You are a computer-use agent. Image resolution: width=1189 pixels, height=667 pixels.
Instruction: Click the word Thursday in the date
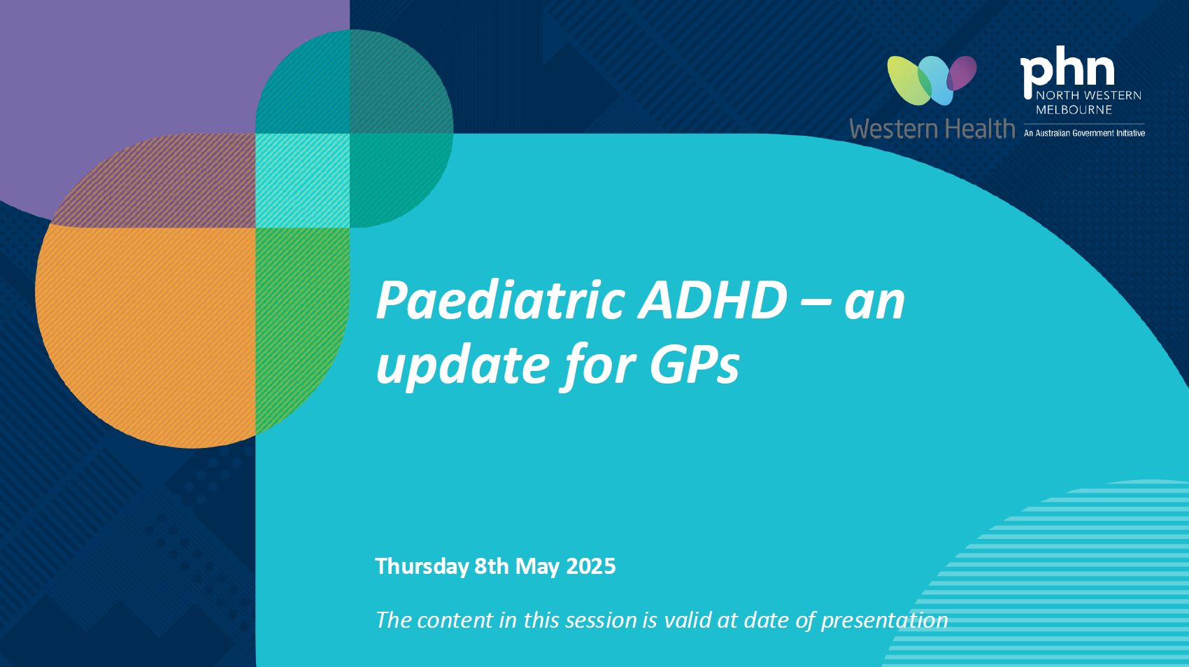pyautogui.click(x=422, y=566)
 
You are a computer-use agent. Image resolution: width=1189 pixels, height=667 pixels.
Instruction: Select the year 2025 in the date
pyautogui.click(x=590, y=566)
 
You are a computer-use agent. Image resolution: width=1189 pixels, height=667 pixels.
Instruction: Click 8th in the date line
pyautogui.click(x=492, y=566)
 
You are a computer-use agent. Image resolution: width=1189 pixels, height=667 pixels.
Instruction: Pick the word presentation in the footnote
pyautogui.click(x=884, y=620)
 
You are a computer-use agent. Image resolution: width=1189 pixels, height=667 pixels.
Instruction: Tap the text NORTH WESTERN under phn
pyautogui.click(x=1088, y=96)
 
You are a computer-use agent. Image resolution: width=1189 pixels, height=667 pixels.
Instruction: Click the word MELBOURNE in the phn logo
pyautogui.click(x=1074, y=110)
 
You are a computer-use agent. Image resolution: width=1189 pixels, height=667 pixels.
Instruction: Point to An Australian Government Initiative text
pyautogui.click(x=1084, y=133)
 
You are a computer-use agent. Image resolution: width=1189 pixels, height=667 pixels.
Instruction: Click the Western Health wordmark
pyautogui.click(x=932, y=129)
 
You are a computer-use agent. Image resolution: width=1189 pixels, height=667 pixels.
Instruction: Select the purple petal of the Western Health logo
pyautogui.click(x=963, y=72)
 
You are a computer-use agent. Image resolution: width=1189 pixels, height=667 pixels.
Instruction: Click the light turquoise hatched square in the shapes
pyautogui.click(x=302, y=181)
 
